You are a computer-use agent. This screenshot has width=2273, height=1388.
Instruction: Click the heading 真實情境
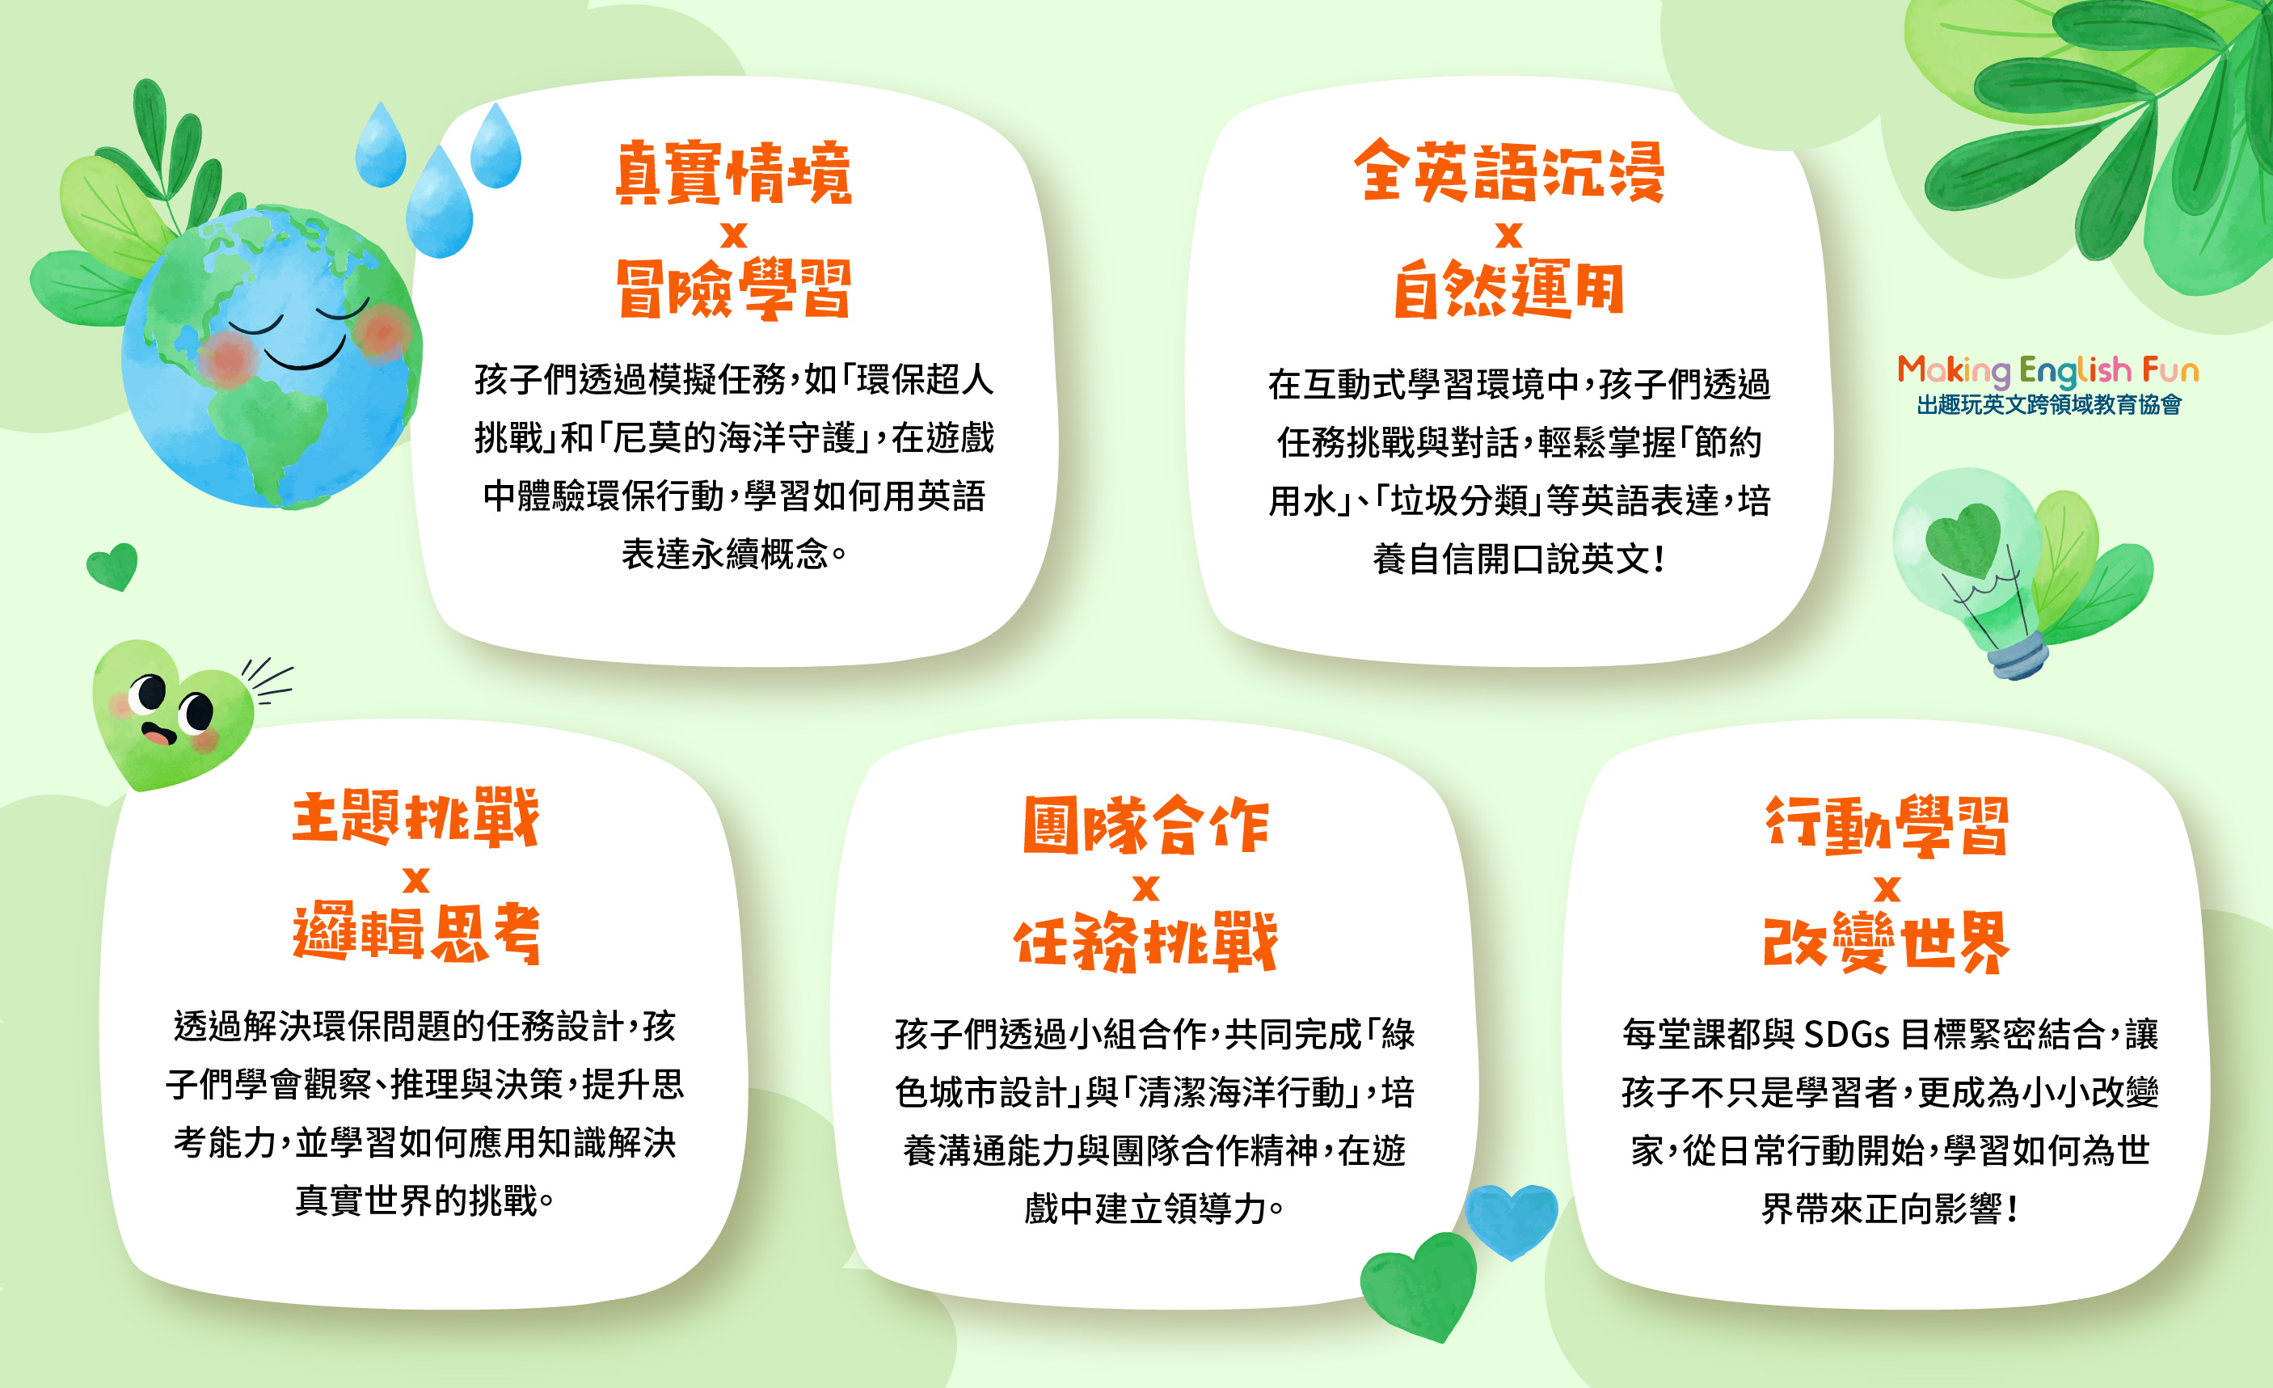(x=733, y=172)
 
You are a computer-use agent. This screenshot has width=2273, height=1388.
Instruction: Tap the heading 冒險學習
(x=733, y=289)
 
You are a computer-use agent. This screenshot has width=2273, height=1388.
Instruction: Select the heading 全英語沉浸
(x=1509, y=171)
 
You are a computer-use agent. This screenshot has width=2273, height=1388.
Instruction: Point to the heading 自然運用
(x=1509, y=289)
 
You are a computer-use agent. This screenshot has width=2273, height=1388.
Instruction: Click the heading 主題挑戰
(x=416, y=817)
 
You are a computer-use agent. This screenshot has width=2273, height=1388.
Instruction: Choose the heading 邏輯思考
(x=416, y=934)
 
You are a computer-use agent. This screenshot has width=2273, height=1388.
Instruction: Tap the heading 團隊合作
(x=1145, y=825)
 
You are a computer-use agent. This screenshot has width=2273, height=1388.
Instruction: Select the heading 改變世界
(x=1887, y=942)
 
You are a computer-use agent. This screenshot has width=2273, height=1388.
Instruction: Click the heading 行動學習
(x=1887, y=825)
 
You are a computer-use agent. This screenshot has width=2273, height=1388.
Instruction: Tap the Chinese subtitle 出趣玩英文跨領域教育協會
(x=2049, y=405)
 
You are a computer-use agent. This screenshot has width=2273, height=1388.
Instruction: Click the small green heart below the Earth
(x=112, y=565)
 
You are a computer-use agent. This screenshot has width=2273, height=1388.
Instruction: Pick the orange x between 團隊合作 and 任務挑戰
(x=1145, y=888)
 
